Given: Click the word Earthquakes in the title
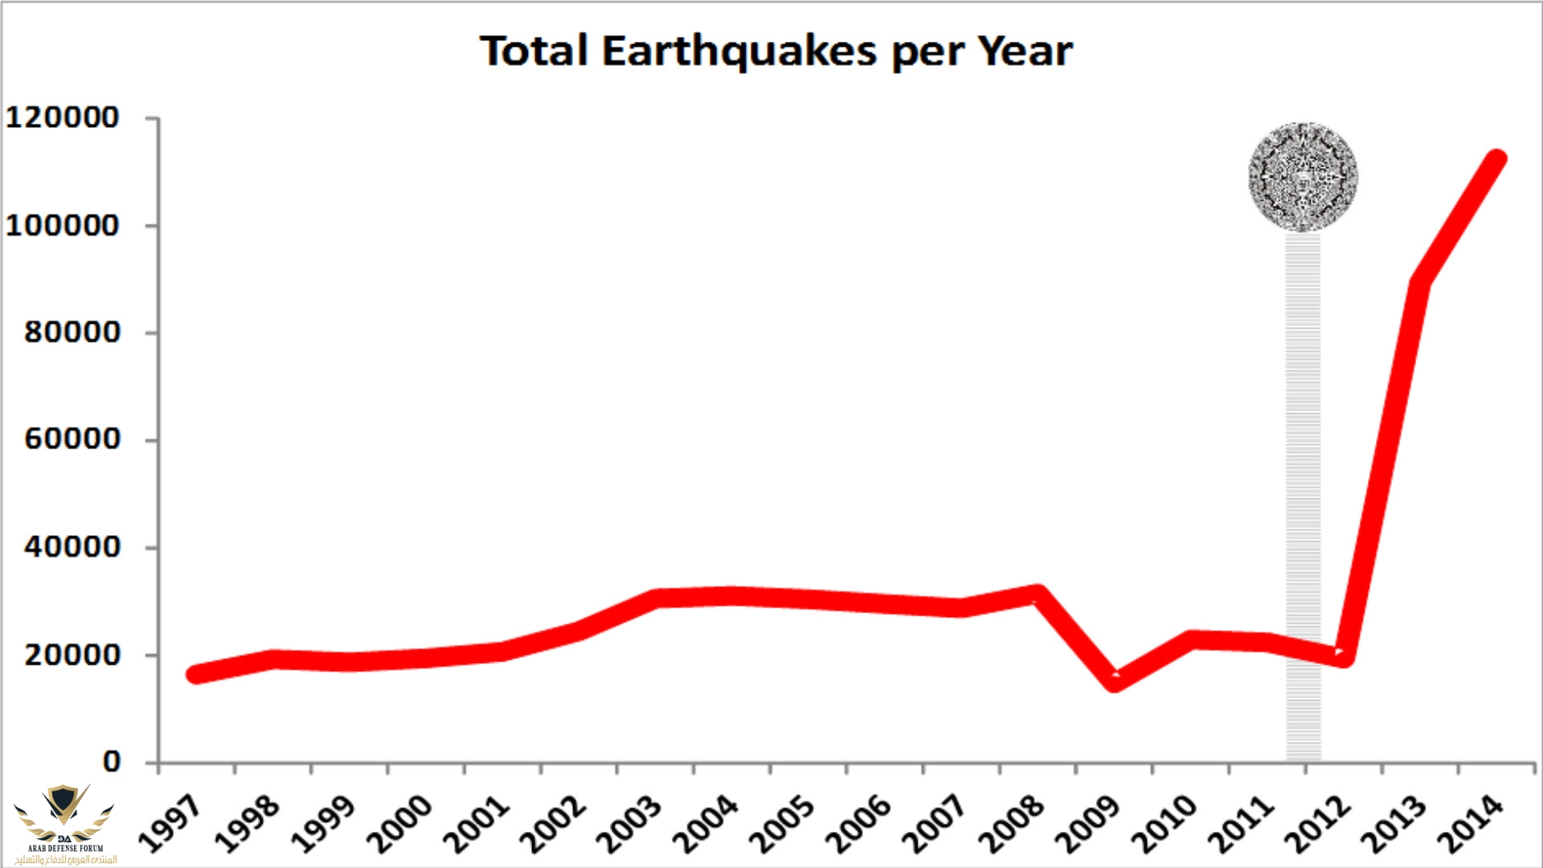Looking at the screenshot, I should click(739, 51).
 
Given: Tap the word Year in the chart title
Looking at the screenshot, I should click(1025, 51).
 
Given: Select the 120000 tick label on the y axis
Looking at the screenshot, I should click(63, 118).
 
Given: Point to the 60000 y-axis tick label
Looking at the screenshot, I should click(72, 440).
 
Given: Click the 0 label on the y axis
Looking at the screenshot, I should click(112, 761).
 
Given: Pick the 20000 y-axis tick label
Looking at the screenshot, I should click(72, 655).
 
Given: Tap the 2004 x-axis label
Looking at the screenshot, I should click(706, 824).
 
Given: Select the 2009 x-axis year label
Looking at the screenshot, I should click(1088, 824).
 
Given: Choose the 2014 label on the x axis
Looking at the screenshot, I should click(1471, 824).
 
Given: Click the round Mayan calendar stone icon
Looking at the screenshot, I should click(1303, 178).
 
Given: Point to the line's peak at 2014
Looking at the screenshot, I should click(1496, 159).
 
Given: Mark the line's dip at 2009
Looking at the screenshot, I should click(1115, 681).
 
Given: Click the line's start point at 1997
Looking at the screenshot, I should click(196, 674).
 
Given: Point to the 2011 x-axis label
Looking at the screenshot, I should click(1241, 824).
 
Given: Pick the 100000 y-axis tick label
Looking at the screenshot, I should click(63, 226).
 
